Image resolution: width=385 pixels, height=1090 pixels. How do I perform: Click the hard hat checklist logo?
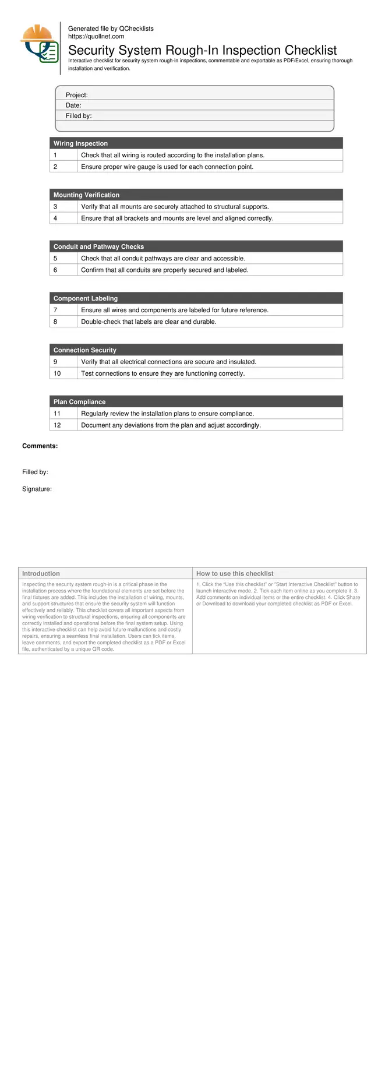(x=40, y=44)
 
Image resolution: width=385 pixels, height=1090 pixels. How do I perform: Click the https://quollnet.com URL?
(x=96, y=36)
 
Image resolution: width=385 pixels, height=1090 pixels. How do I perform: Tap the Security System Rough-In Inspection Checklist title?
(x=202, y=50)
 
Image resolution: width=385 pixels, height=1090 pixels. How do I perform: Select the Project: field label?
(x=76, y=95)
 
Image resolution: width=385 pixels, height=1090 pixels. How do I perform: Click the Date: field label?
(x=73, y=105)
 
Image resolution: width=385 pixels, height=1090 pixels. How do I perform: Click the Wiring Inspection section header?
(x=80, y=143)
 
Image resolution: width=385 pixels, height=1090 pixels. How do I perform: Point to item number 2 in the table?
(x=55, y=167)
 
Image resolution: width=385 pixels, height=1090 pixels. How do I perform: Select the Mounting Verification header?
(x=86, y=195)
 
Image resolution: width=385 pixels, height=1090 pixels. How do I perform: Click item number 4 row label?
(x=55, y=218)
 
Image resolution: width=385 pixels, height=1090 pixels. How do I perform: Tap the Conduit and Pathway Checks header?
(x=98, y=247)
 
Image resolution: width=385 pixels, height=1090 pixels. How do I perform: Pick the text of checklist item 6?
(x=164, y=270)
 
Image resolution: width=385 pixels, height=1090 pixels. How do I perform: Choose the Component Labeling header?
(x=85, y=298)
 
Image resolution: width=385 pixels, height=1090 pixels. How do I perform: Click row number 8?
(x=55, y=322)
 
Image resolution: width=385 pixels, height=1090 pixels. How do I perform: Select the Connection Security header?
(x=84, y=350)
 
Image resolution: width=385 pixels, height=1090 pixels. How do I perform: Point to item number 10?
(x=57, y=373)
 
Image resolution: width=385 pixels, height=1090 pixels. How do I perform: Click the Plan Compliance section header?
(x=79, y=402)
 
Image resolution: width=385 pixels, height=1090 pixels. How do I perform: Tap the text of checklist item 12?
(x=171, y=425)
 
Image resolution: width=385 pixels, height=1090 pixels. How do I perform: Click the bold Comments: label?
(x=40, y=446)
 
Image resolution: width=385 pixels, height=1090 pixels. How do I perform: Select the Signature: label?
(x=37, y=489)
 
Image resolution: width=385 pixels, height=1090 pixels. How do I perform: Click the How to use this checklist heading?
(x=235, y=574)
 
